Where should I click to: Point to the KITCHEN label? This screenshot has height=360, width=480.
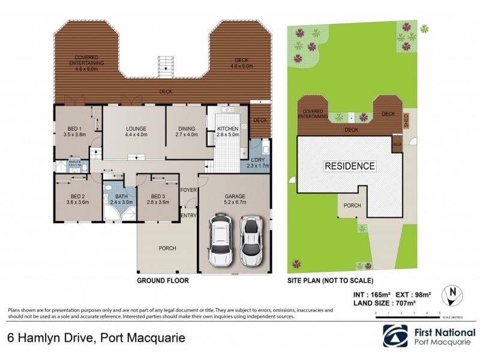click(x=227, y=129)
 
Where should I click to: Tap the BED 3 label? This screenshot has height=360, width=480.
click(x=158, y=196)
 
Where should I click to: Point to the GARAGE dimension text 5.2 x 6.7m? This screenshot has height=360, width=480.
click(x=235, y=202)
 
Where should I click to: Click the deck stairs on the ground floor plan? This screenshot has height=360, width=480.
click(x=164, y=66)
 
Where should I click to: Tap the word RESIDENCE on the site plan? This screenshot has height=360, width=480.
click(x=350, y=166)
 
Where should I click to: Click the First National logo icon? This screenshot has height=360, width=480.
click(x=396, y=337)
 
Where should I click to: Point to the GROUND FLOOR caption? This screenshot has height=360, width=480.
click(x=163, y=280)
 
